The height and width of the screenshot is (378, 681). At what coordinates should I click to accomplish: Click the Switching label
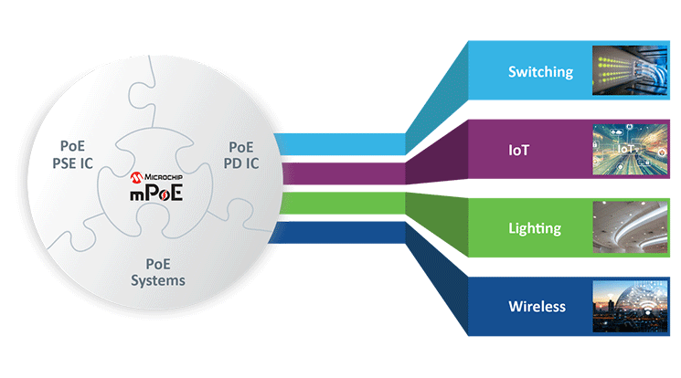coord(540,70)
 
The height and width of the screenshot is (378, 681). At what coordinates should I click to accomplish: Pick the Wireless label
coord(537,306)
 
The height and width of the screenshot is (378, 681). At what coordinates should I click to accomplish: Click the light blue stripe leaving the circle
coord(338,143)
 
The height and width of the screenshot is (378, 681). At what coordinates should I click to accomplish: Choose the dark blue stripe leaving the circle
coord(338,233)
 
